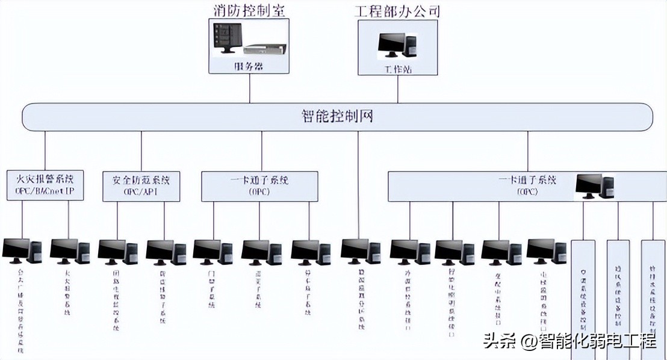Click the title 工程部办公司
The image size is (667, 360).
click(397, 11)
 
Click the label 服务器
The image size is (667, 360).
click(249, 66)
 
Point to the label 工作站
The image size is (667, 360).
click(397, 68)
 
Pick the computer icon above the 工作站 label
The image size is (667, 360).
click(397, 45)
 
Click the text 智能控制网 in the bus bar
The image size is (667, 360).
click(337, 116)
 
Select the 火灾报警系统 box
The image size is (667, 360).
click(45, 185)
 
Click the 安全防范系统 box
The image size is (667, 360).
click(141, 185)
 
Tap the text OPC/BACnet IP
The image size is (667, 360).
click(45, 192)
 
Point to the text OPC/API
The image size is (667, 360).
click(141, 192)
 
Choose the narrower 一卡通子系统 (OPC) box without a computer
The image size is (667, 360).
click(259, 185)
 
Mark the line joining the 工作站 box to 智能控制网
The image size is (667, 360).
click(397, 89)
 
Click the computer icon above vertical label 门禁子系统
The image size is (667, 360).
click(212, 252)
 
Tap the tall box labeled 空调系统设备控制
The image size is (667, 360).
click(583, 298)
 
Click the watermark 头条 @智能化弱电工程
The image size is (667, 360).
click(569, 342)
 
